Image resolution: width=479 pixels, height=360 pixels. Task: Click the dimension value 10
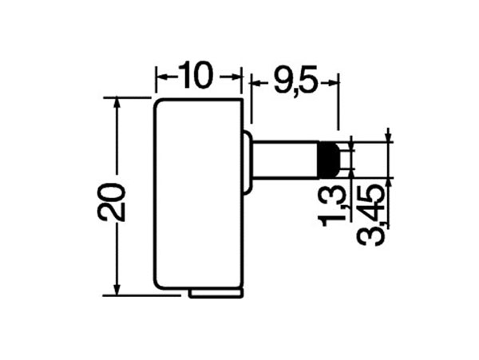pos(196,77)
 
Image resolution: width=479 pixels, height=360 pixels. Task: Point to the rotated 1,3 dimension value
pos(336,203)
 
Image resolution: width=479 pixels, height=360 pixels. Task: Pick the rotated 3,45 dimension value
pos(374,212)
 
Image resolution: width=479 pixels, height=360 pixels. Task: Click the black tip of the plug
pos(327,160)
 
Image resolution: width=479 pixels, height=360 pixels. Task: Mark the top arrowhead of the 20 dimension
pos(117,103)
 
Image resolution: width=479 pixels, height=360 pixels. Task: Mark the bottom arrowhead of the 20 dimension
pos(117,289)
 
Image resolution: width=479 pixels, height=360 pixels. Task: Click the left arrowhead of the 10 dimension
pos(160,77)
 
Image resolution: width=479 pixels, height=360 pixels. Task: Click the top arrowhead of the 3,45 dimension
pos(388,137)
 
